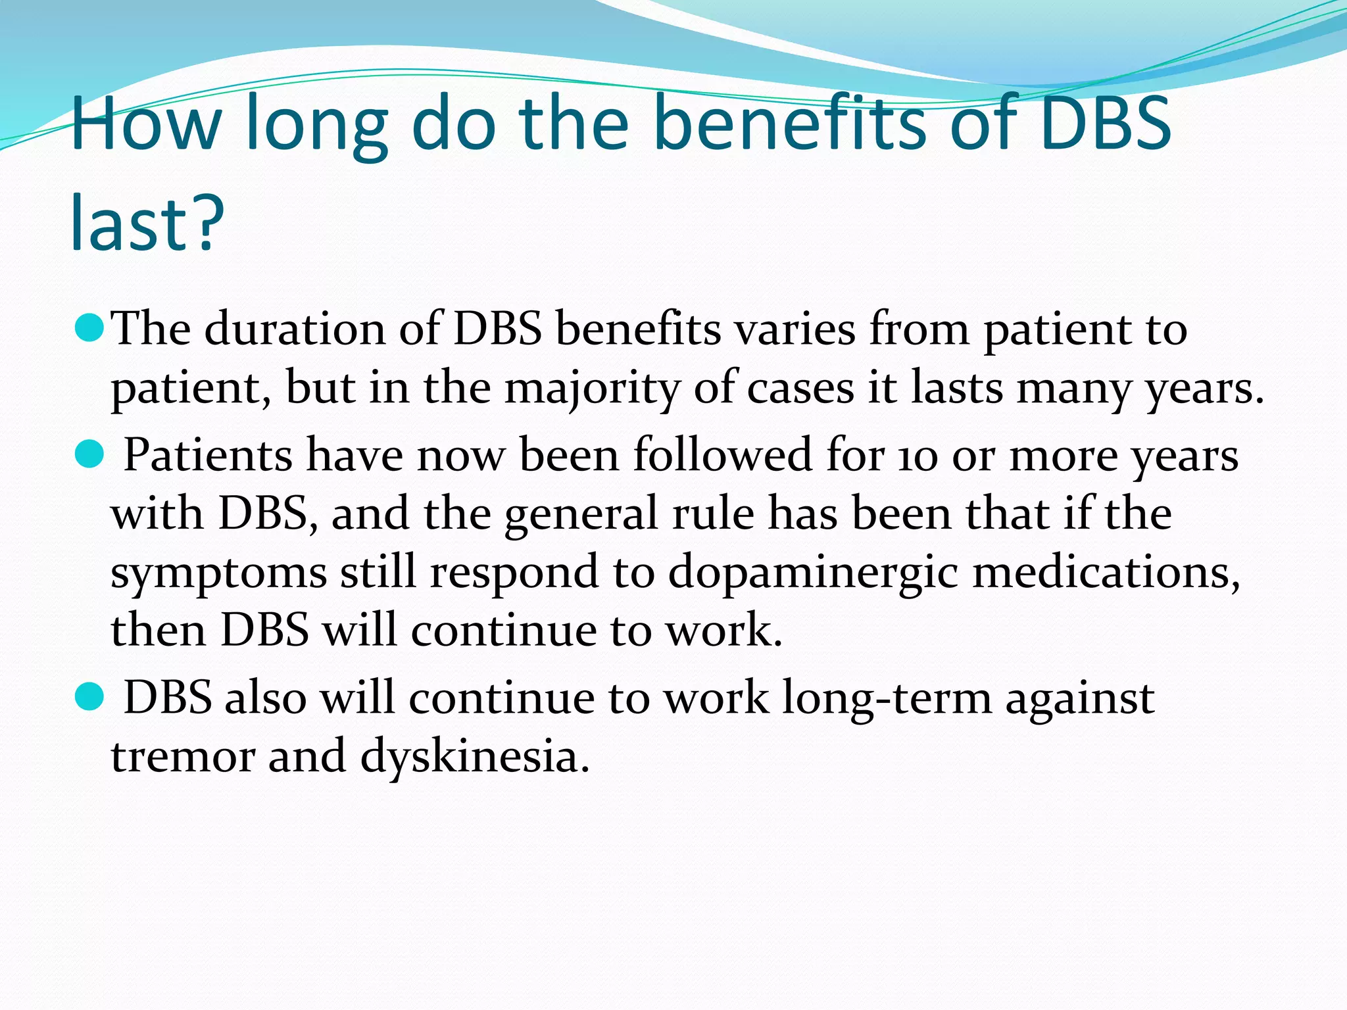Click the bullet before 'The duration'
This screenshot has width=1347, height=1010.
coord(89,327)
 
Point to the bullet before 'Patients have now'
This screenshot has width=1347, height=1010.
coord(89,454)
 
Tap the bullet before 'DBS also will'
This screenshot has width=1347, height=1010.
coord(89,697)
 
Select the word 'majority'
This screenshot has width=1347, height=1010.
coord(591,388)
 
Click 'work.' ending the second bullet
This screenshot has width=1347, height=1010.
coord(723,630)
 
